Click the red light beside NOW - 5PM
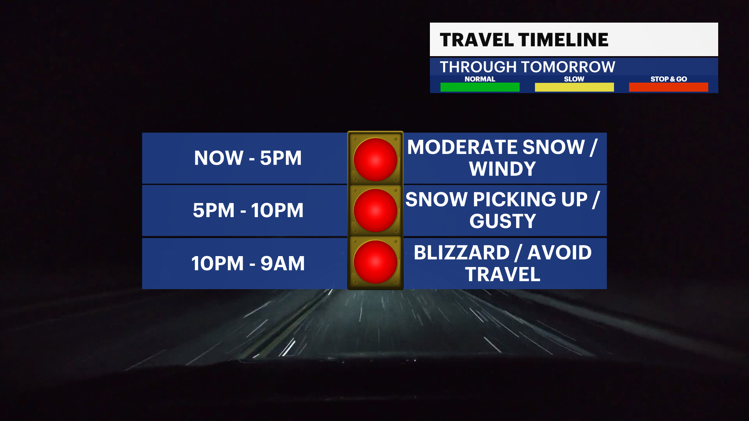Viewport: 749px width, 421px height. [375, 159]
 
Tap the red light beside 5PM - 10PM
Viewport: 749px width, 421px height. [375, 210]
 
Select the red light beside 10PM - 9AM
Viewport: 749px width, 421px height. [375, 262]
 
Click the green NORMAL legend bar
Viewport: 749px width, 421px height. [480, 87]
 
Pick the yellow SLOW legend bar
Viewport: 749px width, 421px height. [574, 87]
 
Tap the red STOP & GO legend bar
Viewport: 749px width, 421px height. [669, 87]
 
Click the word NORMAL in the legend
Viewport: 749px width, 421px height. [480, 79]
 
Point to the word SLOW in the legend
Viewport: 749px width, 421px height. [574, 79]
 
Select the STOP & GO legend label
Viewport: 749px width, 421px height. [669, 79]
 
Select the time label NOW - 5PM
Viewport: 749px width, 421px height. [248, 158]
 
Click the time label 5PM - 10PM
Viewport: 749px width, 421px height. [248, 210]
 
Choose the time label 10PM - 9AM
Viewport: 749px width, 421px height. [248, 263]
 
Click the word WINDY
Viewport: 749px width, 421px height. [502, 169]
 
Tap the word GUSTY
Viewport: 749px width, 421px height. [503, 221]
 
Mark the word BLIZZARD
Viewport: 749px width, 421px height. [462, 253]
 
